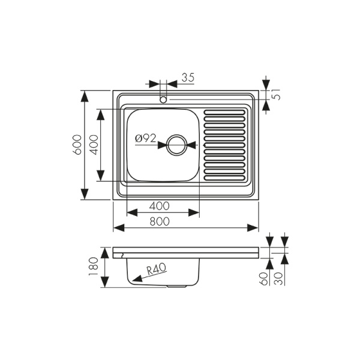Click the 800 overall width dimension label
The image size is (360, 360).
(x=160, y=221)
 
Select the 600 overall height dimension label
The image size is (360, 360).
(x=77, y=145)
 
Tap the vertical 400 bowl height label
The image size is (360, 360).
(x=94, y=145)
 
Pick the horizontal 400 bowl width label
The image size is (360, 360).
(x=160, y=205)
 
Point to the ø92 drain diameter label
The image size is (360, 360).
(x=145, y=138)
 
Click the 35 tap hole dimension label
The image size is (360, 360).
(x=188, y=77)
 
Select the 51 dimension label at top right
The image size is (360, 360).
(x=277, y=94)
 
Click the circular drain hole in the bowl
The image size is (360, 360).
(x=177, y=145)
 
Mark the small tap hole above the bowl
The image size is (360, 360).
(x=163, y=100)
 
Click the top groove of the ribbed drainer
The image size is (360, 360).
(x=225, y=112)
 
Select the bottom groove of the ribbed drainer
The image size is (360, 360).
(x=225, y=178)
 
